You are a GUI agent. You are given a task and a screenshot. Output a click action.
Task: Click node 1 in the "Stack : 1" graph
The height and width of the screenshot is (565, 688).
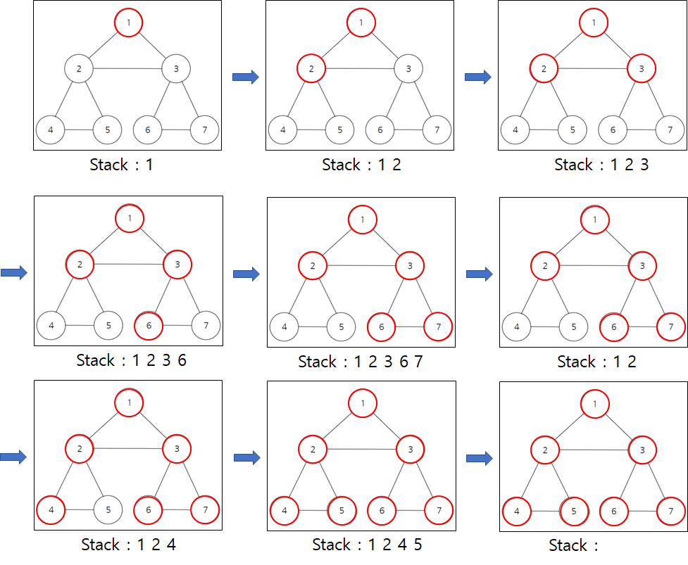129,23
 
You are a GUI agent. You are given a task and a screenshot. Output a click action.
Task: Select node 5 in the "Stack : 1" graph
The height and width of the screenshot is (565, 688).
108,130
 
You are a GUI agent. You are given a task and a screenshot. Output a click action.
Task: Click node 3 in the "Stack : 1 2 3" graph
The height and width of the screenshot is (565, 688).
641,69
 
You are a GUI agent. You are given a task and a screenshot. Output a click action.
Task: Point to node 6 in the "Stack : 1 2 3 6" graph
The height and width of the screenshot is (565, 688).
149,326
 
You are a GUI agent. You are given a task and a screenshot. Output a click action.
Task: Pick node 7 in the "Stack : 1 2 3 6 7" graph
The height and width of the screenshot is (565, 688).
438,327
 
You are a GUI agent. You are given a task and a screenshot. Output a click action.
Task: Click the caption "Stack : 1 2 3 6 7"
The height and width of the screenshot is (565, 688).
360,362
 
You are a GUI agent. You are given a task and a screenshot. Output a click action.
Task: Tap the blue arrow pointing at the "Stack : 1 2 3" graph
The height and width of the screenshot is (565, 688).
477,77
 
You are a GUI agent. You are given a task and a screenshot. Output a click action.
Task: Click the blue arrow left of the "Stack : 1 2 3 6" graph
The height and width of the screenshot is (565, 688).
13,272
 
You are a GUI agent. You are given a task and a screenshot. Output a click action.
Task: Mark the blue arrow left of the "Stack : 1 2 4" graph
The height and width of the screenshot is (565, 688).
13,457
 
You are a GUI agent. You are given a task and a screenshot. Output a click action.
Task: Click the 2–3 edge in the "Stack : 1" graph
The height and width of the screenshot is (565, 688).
128,68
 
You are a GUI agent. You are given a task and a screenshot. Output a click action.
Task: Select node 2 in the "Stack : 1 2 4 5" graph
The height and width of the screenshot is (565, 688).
312,449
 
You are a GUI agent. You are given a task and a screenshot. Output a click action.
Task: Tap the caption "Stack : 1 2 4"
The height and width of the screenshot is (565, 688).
128,545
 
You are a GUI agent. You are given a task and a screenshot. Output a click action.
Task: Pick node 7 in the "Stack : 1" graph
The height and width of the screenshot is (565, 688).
205,130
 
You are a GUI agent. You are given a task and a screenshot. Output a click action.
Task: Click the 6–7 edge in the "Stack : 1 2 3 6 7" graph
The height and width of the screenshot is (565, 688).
410,327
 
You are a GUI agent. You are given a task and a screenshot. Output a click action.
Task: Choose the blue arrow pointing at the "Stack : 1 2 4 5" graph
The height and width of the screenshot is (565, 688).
246,458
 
